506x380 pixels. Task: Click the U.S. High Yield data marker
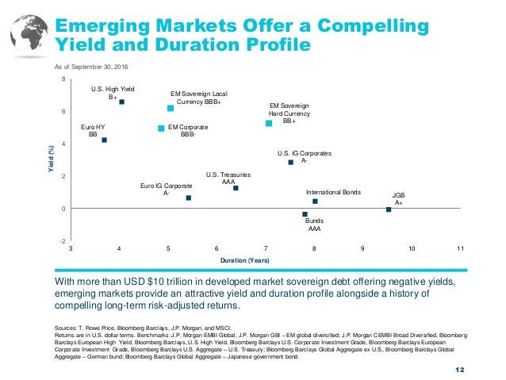pyautogui.click(x=122, y=102)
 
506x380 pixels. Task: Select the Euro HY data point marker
pyautogui.click(x=104, y=140)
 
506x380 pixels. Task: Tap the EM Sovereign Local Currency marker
pyautogui.click(x=171, y=108)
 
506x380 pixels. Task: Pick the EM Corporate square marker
pyautogui.click(x=161, y=129)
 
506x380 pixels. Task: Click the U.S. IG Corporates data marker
pyautogui.click(x=291, y=163)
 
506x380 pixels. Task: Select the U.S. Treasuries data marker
pyautogui.click(x=236, y=188)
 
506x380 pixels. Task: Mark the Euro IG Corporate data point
pyautogui.click(x=189, y=198)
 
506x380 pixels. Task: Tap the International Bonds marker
pyautogui.click(x=315, y=202)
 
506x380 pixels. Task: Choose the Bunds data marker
pyautogui.click(x=305, y=214)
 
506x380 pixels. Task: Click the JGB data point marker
pyautogui.click(x=389, y=209)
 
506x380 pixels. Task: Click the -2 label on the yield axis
pyautogui.click(x=63, y=241)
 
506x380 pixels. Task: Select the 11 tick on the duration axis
pyautogui.click(x=460, y=250)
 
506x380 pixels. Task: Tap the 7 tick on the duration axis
pyautogui.click(x=265, y=250)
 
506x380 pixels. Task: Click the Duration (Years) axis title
pyautogui.click(x=264, y=260)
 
